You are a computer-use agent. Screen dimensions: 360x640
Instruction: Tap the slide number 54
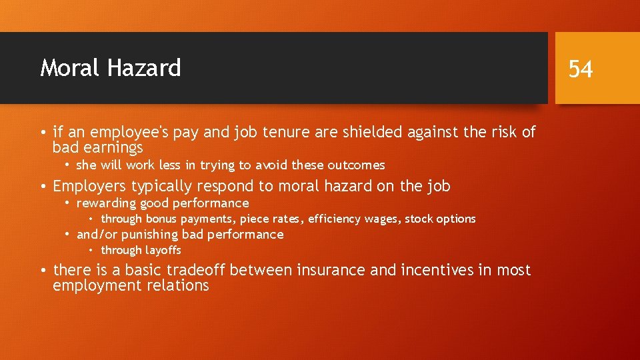point(580,69)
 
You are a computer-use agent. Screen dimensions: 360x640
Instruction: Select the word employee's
point(127,133)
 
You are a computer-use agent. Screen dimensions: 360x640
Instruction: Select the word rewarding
point(107,203)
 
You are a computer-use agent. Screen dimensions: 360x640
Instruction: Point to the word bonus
point(161,219)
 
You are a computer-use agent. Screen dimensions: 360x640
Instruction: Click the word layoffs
point(163,251)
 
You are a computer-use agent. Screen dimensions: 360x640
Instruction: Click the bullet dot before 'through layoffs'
point(91,251)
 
